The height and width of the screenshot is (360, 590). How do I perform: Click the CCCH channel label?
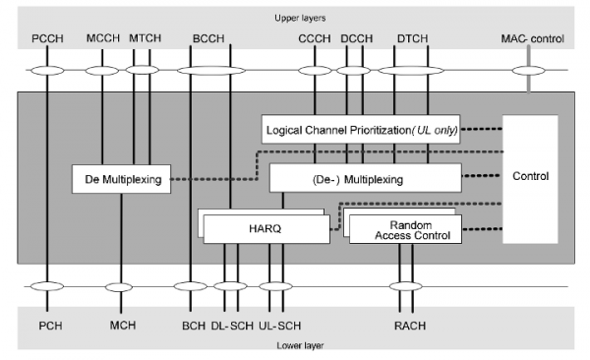coord(315,38)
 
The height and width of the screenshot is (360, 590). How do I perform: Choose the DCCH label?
coord(354,38)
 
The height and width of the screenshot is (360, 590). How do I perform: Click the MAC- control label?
coord(533,38)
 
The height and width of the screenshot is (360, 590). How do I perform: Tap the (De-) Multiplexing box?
coord(365,179)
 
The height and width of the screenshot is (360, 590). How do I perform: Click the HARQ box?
coord(264,228)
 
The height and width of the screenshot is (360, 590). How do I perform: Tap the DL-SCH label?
coord(232,324)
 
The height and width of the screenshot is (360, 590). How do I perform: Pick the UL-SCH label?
coord(279,324)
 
